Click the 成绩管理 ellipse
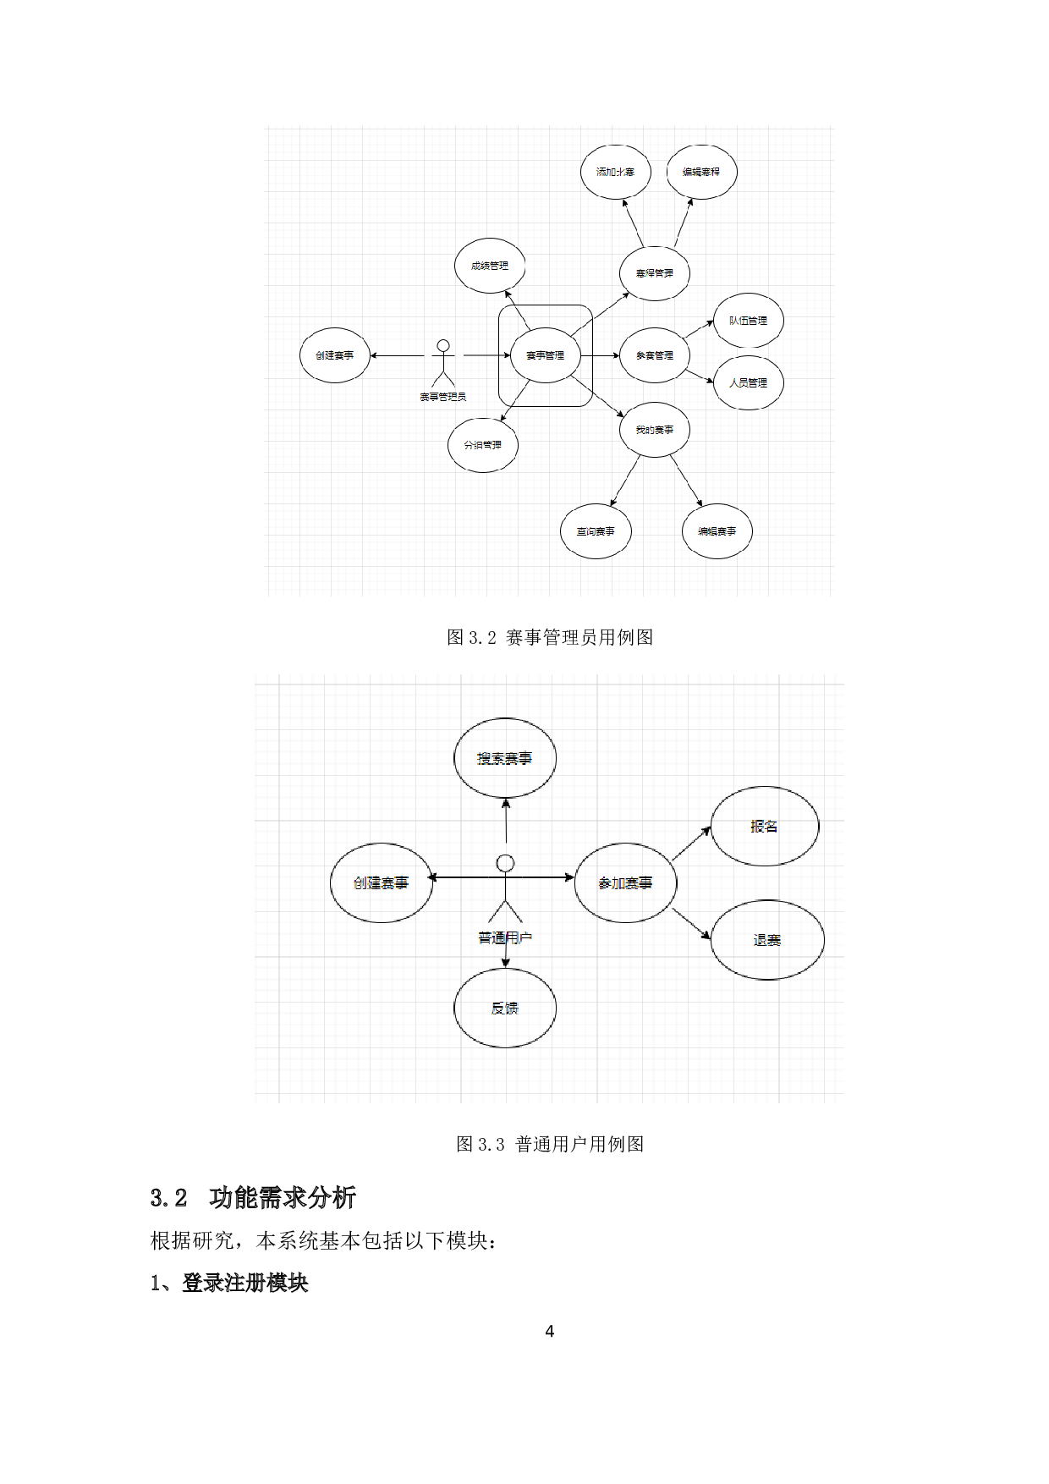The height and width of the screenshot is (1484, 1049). click(490, 266)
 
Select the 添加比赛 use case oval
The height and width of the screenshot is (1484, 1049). click(615, 172)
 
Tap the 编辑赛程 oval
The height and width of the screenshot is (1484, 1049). click(701, 172)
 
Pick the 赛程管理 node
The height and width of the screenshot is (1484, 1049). click(655, 273)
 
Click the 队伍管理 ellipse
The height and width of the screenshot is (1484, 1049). click(748, 321)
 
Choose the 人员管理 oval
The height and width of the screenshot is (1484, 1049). click(749, 382)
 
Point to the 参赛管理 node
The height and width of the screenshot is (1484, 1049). click(655, 355)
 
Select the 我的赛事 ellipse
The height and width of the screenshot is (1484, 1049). click(655, 430)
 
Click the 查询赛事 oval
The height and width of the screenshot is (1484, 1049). click(596, 531)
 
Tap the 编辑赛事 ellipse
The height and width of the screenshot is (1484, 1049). click(717, 531)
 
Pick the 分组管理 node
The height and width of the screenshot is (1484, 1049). click(482, 444)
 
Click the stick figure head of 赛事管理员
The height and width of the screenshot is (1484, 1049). click(442, 346)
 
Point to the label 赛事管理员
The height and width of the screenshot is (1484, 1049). click(442, 397)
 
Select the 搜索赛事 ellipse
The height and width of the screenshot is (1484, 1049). click(505, 758)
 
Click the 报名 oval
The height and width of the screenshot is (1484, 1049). click(764, 827)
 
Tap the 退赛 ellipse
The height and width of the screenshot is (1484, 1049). click(766, 940)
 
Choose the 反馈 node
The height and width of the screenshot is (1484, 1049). click(505, 1008)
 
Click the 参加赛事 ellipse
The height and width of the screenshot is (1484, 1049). click(625, 882)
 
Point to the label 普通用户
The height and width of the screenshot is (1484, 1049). click(505, 937)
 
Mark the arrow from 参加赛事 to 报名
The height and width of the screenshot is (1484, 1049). click(692, 844)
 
